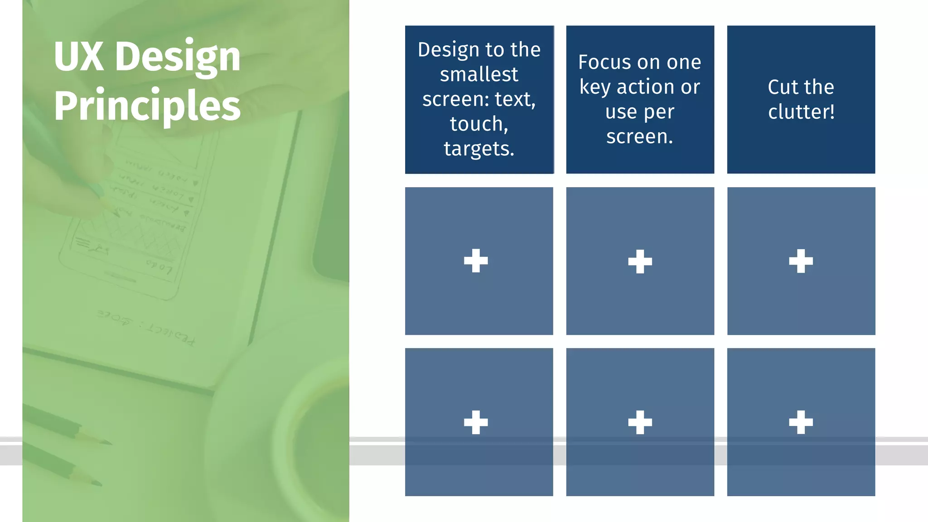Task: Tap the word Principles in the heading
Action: (x=147, y=106)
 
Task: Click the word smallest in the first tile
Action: (x=479, y=74)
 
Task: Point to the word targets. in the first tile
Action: (x=479, y=149)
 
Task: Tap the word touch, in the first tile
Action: (x=479, y=124)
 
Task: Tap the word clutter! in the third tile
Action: (x=801, y=112)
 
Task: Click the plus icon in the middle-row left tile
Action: (x=476, y=261)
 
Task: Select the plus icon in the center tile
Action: (x=640, y=261)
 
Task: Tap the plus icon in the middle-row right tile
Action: (x=801, y=261)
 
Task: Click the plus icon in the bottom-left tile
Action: (x=476, y=422)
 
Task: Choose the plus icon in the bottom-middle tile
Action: (x=640, y=422)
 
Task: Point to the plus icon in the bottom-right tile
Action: (x=801, y=422)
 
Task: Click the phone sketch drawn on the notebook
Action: (x=136, y=217)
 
